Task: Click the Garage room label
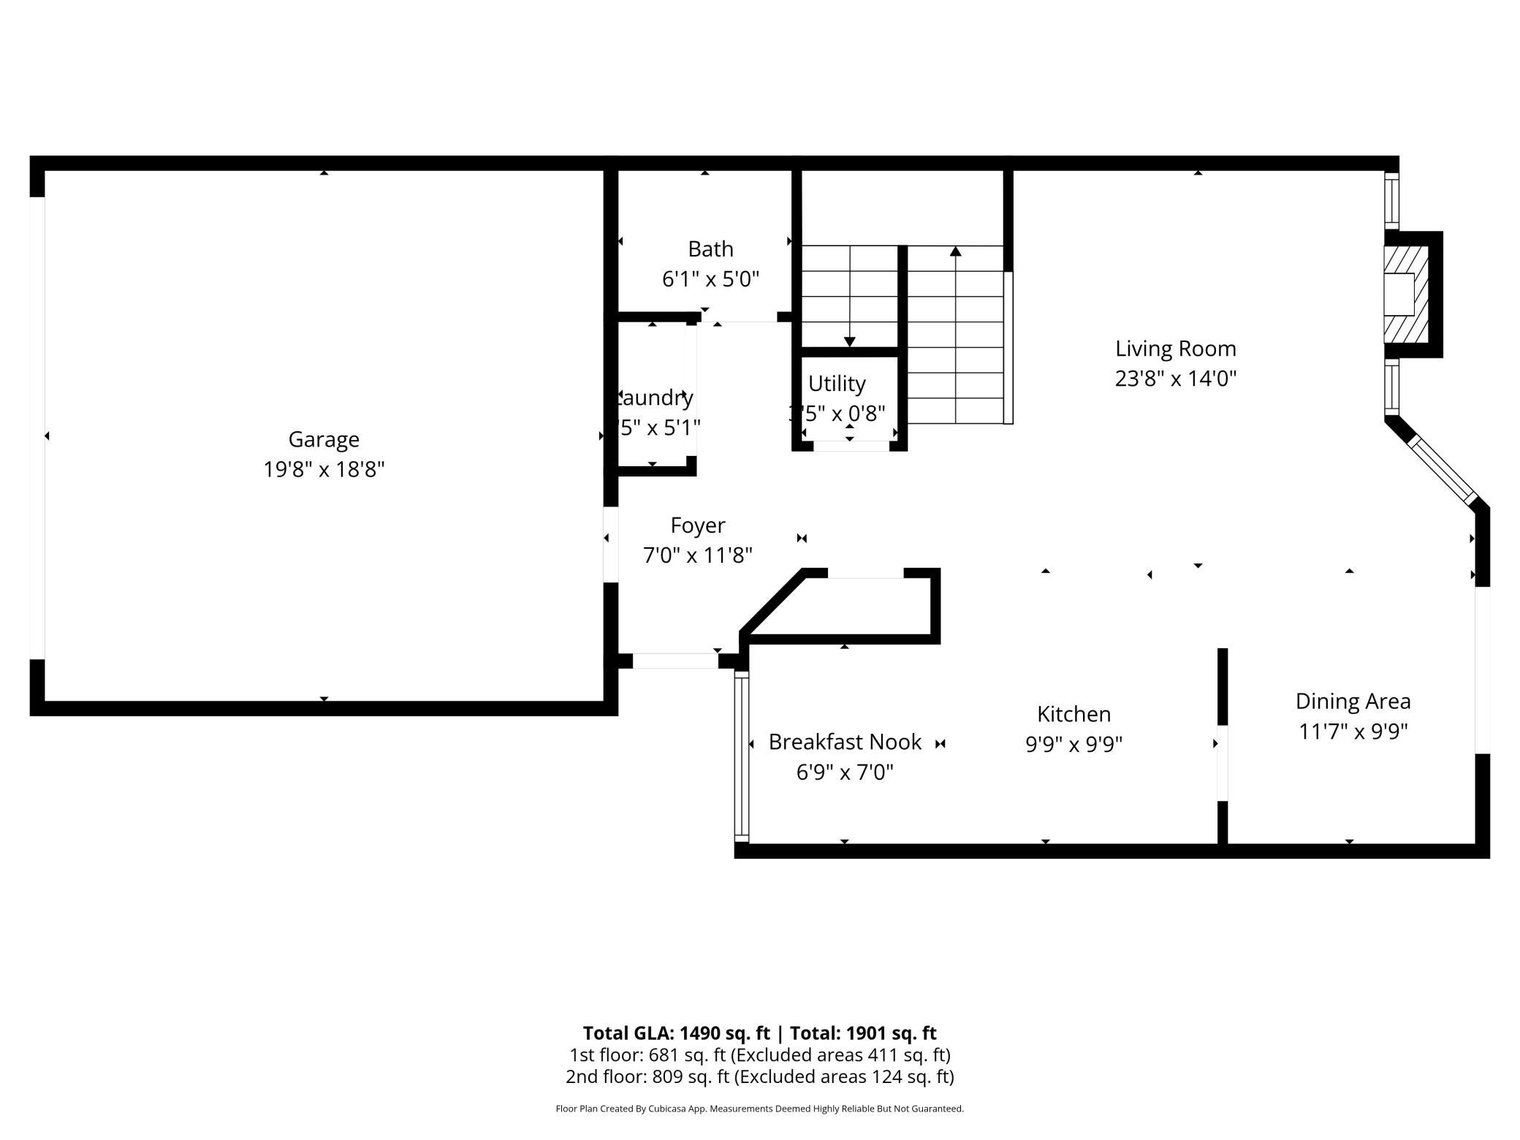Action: [324, 439]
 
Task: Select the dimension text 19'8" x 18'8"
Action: [324, 469]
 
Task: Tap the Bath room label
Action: [710, 249]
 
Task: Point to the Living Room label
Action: [1175, 349]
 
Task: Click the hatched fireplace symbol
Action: [1407, 294]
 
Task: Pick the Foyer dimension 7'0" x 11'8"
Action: [697, 555]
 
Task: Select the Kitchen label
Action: [1073, 714]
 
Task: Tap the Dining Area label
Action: [1353, 702]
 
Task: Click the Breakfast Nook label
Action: [845, 742]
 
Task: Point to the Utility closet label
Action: [837, 384]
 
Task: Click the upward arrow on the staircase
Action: [955, 252]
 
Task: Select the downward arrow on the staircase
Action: [849, 341]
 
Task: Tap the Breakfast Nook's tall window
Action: [741, 756]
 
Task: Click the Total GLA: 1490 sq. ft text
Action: [676, 1033]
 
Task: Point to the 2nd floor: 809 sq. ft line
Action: [759, 1076]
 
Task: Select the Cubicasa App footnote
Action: [759, 1109]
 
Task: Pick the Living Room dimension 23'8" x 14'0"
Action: [1175, 379]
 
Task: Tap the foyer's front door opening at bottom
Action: [674, 661]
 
